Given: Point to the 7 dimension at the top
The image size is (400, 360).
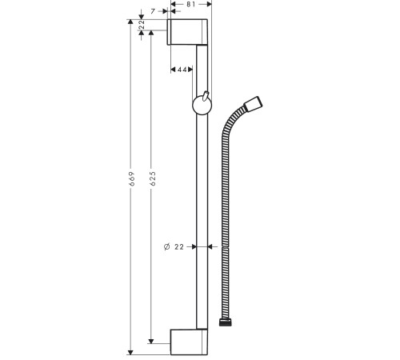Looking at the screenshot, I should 153,11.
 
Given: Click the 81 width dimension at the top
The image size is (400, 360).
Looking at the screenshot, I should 191,5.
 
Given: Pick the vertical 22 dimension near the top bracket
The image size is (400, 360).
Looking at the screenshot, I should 142,27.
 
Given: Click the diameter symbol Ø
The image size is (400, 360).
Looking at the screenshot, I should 165,247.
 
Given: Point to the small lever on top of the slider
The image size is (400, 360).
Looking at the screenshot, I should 206,95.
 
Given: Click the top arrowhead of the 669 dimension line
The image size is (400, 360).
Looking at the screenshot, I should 130,22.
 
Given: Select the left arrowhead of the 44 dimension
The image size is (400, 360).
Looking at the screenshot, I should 174,70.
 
